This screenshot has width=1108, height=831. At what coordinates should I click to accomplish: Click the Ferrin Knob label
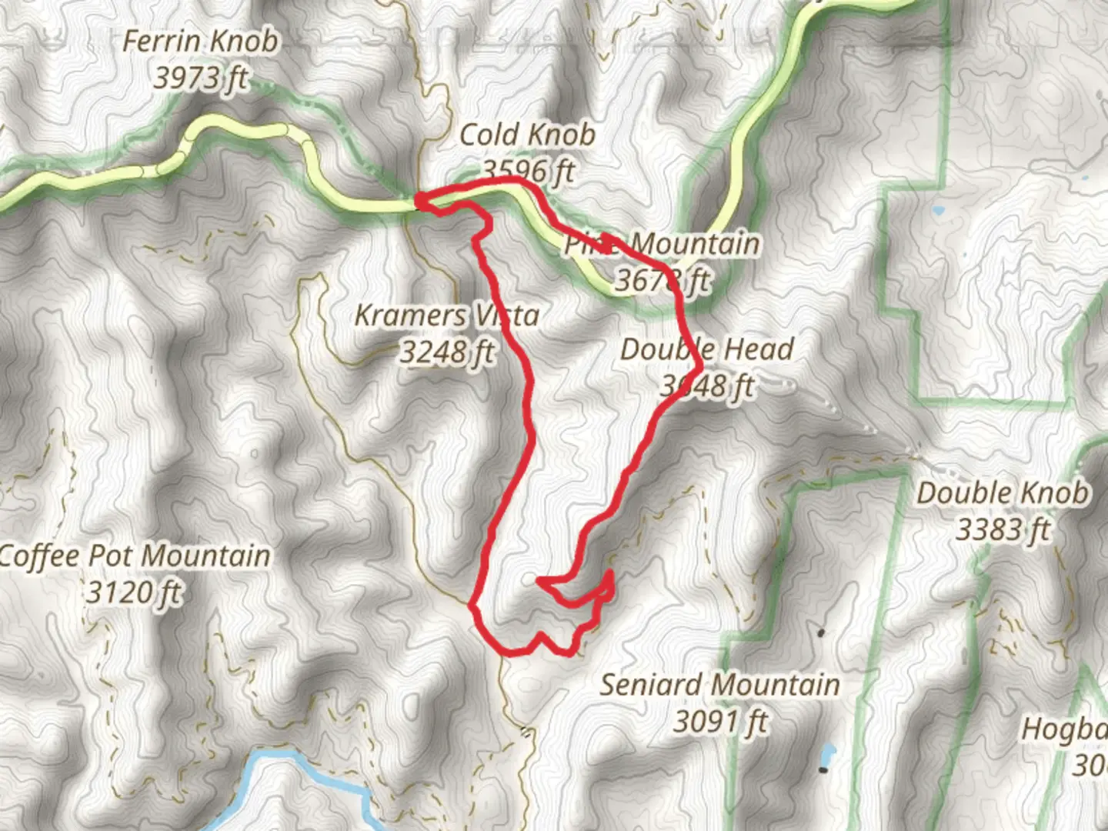point(200,42)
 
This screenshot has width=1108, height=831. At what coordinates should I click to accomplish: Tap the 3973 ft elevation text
point(201,78)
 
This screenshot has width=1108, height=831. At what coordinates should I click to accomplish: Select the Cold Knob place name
point(527,135)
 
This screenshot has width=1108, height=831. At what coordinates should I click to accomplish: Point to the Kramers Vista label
point(446,315)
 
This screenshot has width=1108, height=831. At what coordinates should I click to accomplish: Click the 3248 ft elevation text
point(446,352)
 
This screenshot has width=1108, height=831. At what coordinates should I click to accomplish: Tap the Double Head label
point(707,349)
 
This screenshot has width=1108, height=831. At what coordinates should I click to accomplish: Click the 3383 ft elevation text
point(1003,530)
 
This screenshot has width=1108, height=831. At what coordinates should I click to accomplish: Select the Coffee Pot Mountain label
point(135,556)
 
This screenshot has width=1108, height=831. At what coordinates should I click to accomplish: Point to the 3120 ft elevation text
point(135,592)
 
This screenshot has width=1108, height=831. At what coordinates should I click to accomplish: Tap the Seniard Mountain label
point(719,685)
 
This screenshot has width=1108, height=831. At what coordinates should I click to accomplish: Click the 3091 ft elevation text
point(720,722)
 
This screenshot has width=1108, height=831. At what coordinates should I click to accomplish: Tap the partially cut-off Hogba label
point(1064,729)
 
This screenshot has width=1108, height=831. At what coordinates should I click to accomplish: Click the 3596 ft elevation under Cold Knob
point(528,171)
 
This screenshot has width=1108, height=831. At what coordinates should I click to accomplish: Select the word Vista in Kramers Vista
point(506,315)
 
